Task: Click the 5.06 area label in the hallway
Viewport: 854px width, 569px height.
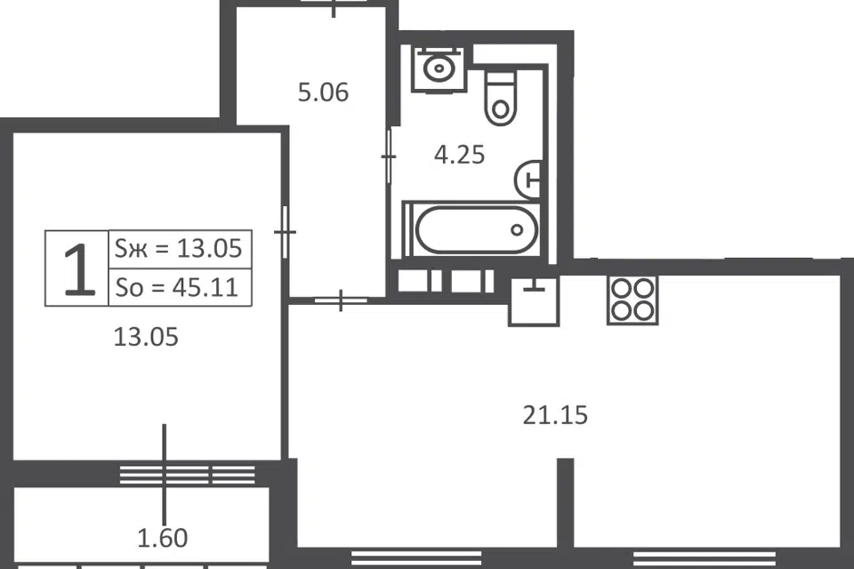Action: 323,92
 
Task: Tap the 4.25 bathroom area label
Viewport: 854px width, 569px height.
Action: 459,156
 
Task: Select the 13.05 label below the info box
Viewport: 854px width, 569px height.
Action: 146,337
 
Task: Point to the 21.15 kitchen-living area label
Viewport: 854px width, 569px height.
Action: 555,415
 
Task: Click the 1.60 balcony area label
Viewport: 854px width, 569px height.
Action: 162,538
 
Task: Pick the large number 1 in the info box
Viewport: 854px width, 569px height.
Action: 79,269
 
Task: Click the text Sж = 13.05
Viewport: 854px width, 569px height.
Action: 178,249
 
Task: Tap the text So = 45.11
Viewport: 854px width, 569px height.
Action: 176,287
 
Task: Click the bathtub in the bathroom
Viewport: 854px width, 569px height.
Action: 471,229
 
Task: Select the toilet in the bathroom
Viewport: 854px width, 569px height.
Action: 500,99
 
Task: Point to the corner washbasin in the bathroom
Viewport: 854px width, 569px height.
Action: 439,68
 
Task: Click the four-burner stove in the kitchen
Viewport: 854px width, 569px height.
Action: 632,300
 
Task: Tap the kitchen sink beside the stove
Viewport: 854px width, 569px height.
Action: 534,301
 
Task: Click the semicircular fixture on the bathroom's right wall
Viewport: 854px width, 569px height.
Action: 528,180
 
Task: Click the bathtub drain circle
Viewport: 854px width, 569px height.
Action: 517,229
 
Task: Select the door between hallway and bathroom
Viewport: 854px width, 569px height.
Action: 389,156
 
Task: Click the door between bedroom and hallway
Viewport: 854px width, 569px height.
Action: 285,232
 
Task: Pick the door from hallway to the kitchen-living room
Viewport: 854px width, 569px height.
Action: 341,300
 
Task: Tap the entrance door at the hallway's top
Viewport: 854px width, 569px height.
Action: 334,6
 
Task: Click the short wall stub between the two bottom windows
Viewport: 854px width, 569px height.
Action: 566,503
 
